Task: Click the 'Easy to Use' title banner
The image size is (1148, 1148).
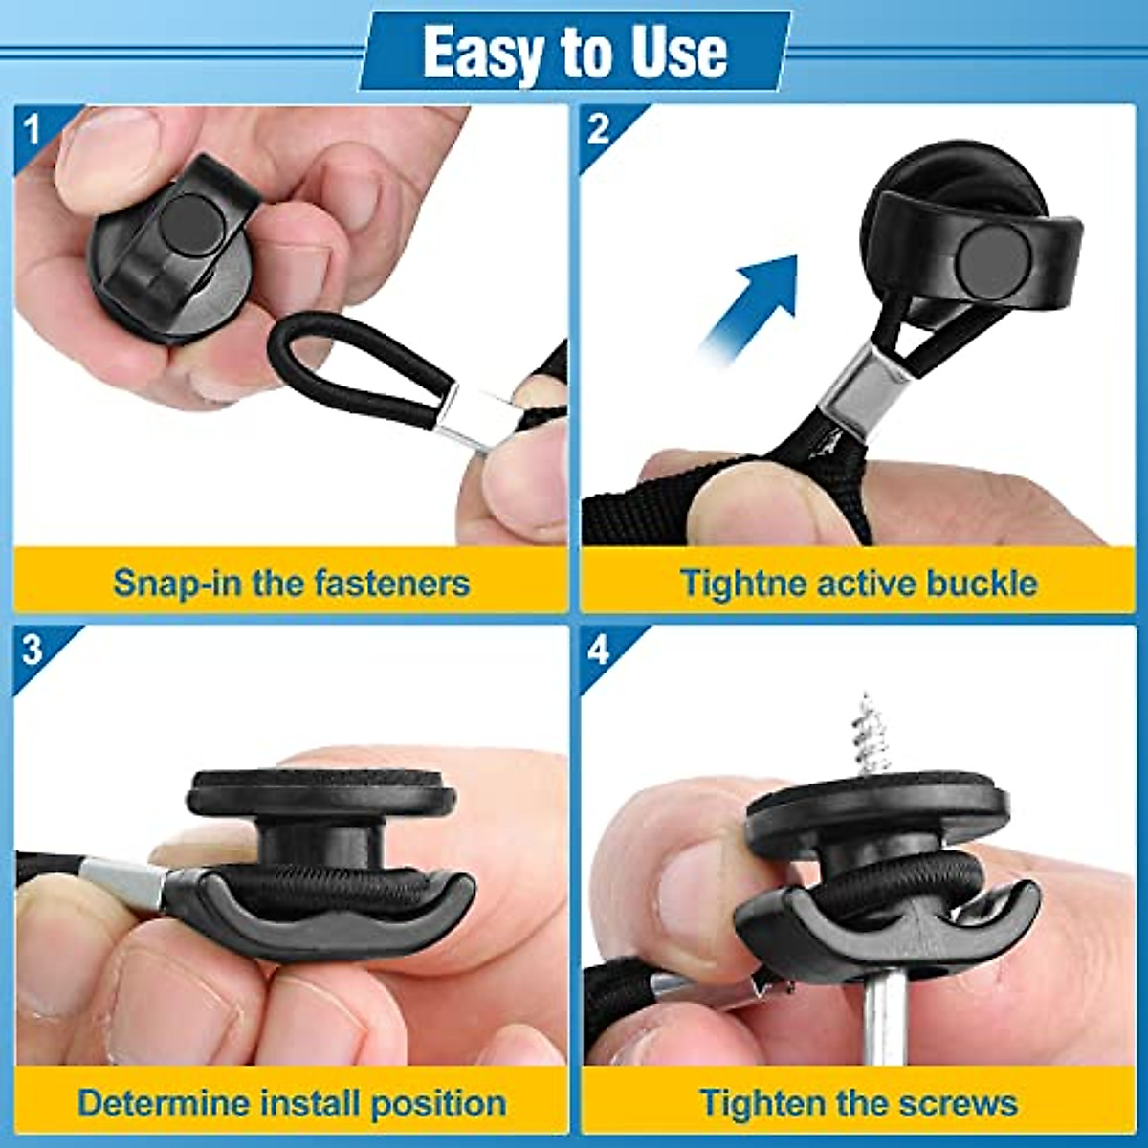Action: [x=574, y=52]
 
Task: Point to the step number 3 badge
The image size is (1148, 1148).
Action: [x=33, y=651]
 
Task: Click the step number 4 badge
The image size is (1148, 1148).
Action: [x=600, y=651]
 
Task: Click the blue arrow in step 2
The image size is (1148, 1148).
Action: [x=756, y=301]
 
